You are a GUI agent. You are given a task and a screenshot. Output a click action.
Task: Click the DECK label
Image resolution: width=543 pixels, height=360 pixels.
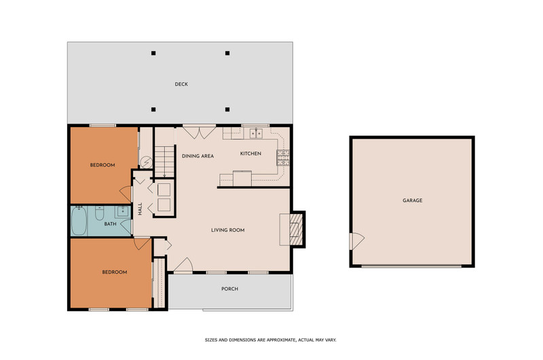pos(181,84)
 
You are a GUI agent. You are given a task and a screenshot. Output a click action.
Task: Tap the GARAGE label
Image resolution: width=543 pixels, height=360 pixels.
pos(413,200)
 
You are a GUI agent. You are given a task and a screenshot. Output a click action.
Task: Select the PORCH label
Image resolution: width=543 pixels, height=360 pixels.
pos(229,289)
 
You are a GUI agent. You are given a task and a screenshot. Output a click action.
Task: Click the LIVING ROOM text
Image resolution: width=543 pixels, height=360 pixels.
pos(228,230)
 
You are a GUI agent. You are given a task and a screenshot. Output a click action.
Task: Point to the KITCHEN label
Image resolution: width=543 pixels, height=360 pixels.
pos(250,154)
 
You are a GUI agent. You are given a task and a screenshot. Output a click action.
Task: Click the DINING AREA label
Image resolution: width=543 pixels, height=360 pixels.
pos(198,156)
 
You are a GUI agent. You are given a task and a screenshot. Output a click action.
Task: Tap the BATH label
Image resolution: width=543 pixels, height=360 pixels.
pos(110,224)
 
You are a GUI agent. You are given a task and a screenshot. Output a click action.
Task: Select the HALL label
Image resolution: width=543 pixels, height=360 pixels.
pos(141,209)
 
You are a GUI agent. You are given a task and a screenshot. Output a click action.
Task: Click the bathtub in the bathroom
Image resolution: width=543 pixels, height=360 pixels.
pos(79,221)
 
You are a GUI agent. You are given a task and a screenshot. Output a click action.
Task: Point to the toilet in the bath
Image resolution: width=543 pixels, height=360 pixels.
pos(99,213)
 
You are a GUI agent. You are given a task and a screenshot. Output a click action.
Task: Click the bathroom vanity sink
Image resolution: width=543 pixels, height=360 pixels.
pos(123,211)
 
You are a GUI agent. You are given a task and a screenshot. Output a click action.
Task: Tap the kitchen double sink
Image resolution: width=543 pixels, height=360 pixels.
pos(257,133)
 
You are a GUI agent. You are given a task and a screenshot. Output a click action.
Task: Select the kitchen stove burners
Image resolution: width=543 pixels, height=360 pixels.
pos(283,158)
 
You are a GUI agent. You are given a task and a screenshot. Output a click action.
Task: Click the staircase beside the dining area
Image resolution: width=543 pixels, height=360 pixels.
pos(164,162)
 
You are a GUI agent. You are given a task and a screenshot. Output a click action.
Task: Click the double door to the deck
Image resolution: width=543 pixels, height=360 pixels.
pos(199,132)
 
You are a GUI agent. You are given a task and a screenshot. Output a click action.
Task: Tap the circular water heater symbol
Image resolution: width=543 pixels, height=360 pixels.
pos(146,162)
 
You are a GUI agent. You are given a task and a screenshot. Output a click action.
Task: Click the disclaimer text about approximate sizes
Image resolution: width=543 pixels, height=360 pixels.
pos(270,340)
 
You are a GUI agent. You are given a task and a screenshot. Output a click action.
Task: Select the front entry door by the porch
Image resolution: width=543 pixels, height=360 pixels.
pos(183,265)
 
